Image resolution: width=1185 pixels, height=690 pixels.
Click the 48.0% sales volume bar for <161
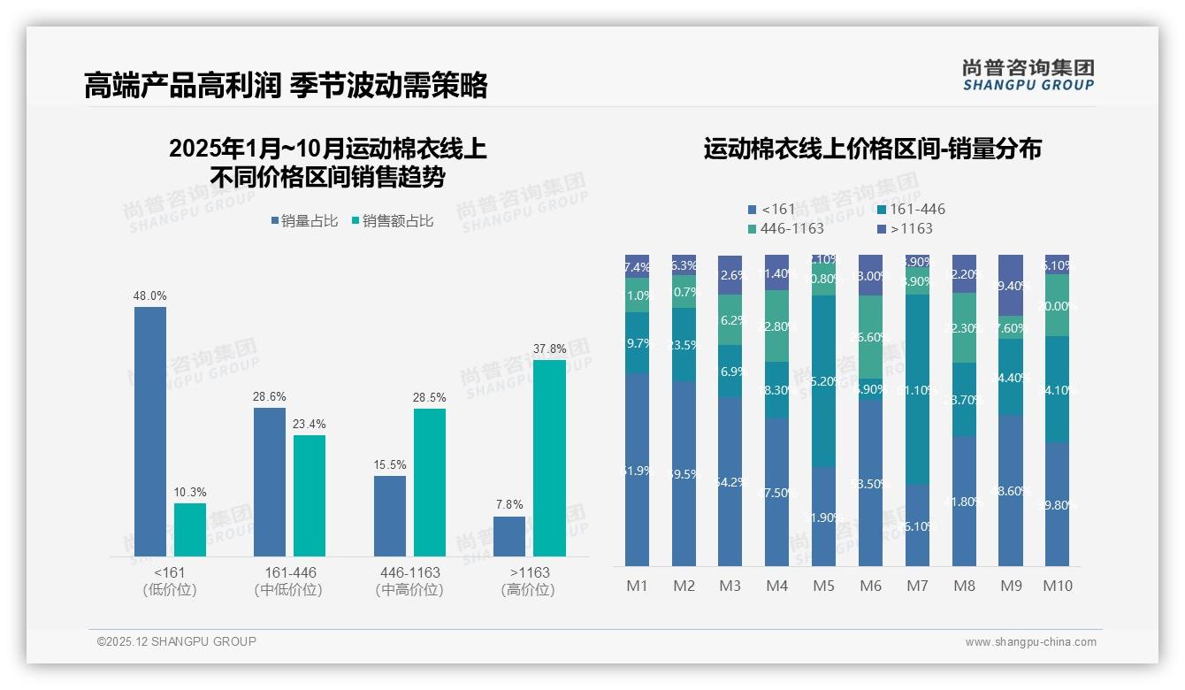pos(150,432)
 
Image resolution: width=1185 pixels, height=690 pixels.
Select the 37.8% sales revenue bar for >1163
pos(549,457)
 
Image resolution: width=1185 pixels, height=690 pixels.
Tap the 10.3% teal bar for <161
pos(190,530)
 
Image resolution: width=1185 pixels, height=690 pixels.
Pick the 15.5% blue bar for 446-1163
pos(390,516)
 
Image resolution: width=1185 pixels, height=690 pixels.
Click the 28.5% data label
pos(430,398)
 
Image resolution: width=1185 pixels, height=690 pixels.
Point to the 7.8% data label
pos(509,505)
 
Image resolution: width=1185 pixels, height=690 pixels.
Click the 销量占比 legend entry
pos(303,221)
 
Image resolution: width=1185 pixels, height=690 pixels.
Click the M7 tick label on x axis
pos(917,586)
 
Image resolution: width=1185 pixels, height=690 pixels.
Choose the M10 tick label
pos(1057,586)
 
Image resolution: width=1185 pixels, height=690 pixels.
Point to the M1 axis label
pos(637,586)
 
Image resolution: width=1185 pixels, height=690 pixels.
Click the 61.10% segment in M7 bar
pos(917,389)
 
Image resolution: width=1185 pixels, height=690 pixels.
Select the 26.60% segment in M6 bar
pos(870,337)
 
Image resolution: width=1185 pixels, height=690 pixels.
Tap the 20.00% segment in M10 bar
pos(1057,305)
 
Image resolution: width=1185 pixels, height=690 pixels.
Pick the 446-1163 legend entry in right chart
pos(786,228)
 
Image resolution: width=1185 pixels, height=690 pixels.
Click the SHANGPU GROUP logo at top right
pos(1028,74)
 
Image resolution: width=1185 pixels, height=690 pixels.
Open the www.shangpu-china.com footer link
pos(1030,642)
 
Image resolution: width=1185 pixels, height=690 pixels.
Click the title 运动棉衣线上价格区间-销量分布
pos(872,149)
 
